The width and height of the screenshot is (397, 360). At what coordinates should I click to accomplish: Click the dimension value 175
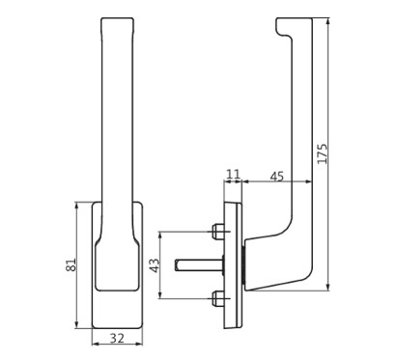pos(323,153)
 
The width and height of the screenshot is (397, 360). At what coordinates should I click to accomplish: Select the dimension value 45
pos(277,177)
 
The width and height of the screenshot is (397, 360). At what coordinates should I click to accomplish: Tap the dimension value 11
pos(233,175)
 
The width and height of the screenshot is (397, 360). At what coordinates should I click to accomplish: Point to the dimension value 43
pos(155,265)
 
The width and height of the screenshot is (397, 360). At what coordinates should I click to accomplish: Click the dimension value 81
pos(71,264)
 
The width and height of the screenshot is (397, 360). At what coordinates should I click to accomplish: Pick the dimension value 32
pos(117,338)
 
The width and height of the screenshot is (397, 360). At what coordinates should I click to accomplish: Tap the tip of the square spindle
pos(176,265)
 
